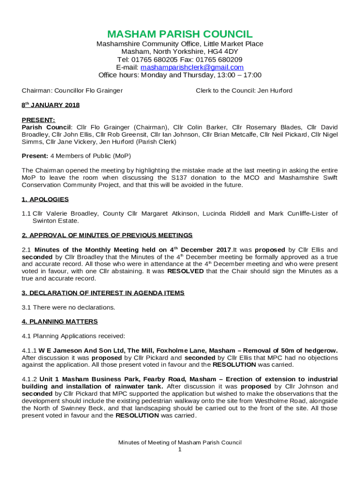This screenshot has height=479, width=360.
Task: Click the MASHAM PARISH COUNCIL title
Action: click(x=180, y=34)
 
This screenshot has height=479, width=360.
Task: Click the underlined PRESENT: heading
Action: click(x=38, y=120)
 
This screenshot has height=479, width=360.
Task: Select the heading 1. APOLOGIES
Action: click(x=45, y=199)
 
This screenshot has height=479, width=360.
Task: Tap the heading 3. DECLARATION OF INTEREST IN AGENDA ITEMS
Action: click(x=103, y=293)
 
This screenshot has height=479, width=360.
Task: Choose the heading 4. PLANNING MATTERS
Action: click(x=60, y=321)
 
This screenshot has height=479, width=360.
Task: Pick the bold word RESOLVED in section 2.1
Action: click(x=186, y=271)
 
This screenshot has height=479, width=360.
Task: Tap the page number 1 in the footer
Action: click(x=180, y=450)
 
